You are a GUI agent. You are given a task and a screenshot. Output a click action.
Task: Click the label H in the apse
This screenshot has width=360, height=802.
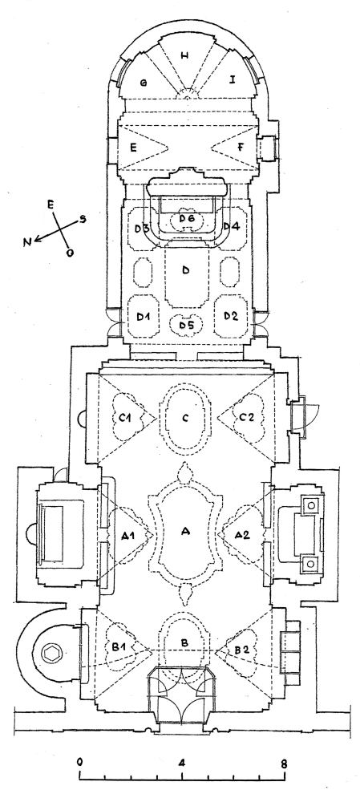tap(184, 56)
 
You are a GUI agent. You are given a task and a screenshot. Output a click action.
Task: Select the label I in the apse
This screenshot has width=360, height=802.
tap(232, 79)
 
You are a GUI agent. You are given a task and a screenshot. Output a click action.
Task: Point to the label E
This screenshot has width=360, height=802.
tap(133, 148)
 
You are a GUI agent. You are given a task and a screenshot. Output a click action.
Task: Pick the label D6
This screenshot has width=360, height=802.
tap(187, 218)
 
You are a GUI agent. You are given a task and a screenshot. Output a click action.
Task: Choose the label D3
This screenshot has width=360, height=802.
tap(142, 228)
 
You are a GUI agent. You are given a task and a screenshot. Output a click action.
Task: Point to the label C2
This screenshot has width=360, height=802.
tap(246, 417)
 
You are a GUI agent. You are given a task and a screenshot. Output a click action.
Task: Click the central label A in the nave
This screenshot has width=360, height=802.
tap(185, 533)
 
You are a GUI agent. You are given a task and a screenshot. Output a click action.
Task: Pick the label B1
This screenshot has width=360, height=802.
tap(119, 646)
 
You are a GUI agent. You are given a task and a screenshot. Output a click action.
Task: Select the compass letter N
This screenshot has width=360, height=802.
tap(27, 242)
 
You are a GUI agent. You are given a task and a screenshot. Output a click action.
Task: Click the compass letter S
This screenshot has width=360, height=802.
tap(82, 219)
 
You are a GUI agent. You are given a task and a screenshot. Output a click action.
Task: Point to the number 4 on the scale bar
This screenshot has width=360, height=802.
tap(181, 761)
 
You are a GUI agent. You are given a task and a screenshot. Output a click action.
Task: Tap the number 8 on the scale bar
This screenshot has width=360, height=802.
tap(283, 761)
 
